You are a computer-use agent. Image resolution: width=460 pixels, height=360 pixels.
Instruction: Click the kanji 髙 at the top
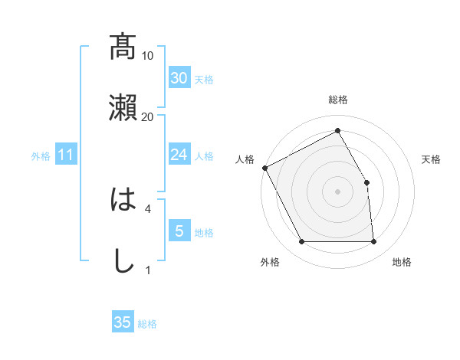(x=123, y=47)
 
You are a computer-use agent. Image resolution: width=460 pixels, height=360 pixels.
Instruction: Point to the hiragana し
(x=123, y=260)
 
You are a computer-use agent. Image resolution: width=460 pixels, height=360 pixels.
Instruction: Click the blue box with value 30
(x=179, y=77)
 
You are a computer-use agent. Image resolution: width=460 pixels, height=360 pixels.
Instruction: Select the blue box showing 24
(x=179, y=155)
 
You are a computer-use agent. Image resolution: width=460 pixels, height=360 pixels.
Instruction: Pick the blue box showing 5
(x=179, y=231)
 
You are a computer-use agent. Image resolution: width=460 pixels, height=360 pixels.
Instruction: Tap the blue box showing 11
(x=66, y=155)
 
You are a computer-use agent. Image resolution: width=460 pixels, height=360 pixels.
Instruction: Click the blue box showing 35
(x=123, y=322)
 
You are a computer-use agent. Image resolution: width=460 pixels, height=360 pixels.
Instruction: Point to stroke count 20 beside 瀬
(x=148, y=116)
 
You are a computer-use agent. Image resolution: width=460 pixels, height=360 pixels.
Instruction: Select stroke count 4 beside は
(x=148, y=208)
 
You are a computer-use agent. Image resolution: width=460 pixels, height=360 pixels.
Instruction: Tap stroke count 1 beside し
(x=148, y=269)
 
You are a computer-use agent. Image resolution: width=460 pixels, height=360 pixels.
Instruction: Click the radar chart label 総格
(x=338, y=100)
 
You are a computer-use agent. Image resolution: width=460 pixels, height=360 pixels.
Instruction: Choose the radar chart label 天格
(x=432, y=159)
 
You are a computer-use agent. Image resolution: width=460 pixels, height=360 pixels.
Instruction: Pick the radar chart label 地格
(x=402, y=263)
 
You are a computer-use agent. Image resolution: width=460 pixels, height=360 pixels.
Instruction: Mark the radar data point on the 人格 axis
(x=264, y=167)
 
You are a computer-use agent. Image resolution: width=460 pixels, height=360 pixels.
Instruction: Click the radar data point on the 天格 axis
(x=367, y=182)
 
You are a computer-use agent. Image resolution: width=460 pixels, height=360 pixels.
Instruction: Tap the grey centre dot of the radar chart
(x=337, y=191)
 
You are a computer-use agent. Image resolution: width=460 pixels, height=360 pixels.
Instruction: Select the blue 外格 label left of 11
(x=41, y=156)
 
